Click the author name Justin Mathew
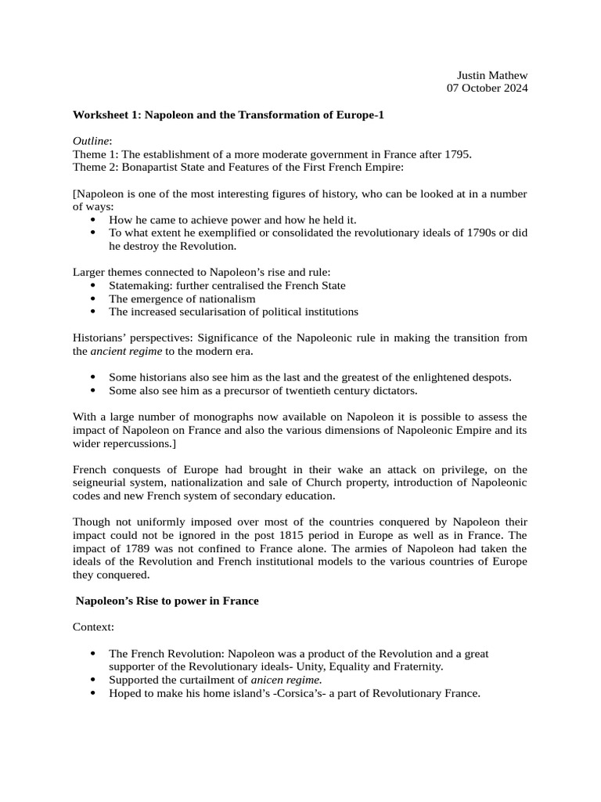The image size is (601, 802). [x=492, y=75]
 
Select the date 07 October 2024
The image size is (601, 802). [x=487, y=89]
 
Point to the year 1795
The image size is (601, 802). [x=455, y=154]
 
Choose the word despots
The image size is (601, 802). [x=491, y=378]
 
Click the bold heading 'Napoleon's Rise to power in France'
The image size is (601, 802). [x=167, y=601]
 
